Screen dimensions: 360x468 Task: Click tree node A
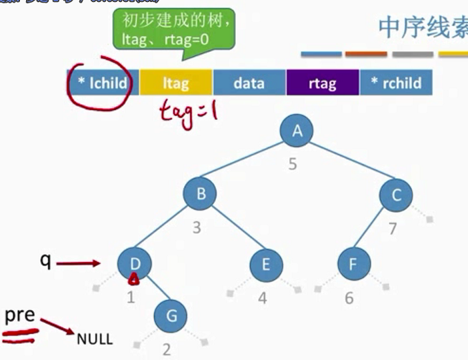(297, 131)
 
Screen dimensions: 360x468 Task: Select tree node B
(201, 195)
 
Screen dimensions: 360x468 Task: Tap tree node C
(396, 195)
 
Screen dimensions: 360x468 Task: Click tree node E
(265, 265)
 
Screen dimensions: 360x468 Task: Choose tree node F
(352, 265)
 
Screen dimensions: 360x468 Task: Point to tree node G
(171, 315)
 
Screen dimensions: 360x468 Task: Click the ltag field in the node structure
(175, 83)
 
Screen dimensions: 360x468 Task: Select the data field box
(249, 83)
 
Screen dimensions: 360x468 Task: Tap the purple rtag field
(323, 83)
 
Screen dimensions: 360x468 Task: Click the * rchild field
(396, 83)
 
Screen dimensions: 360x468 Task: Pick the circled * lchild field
(102, 83)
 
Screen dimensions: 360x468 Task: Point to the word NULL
(95, 339)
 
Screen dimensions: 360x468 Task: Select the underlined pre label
(20, 316)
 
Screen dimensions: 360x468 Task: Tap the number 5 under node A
(293, 163)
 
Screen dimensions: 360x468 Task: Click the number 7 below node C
(393, 229)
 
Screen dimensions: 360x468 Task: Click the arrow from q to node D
(78, 264)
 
